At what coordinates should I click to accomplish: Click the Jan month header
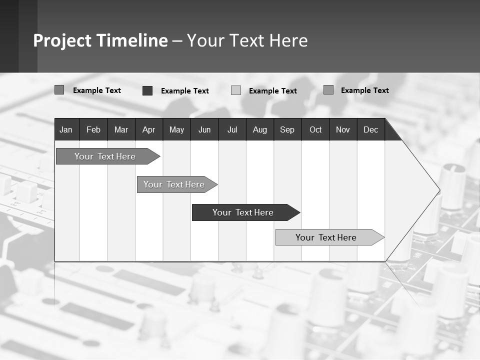66,129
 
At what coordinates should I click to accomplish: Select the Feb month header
93,129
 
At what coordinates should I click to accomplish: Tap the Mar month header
121,129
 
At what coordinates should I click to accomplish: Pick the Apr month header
148,129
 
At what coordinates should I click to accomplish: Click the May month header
176,129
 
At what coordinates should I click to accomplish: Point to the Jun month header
204,129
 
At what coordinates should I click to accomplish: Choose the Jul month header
232,129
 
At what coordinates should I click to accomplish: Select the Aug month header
259,129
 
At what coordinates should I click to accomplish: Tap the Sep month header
287,129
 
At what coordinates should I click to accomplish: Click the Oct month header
315,129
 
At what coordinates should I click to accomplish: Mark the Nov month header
342,129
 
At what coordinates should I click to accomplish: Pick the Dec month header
370,129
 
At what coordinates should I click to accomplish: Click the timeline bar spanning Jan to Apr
105,156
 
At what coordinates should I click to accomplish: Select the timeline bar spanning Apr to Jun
174,184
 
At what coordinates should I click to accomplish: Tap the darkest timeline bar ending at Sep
243,212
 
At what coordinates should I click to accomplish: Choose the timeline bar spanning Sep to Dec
326,237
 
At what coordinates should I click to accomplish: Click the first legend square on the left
59,90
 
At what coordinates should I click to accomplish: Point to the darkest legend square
147,90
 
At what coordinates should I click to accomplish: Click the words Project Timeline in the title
100,40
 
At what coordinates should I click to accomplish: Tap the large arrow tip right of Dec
420,190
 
